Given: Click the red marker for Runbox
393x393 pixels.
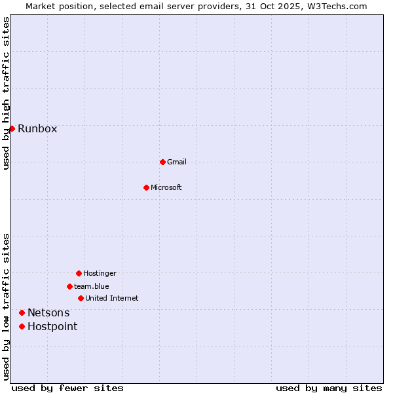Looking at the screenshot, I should click(x=12, y=128).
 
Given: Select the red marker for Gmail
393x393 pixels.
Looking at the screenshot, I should click(x=162, y=162).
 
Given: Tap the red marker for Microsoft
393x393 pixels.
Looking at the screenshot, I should click(x=146, y=187).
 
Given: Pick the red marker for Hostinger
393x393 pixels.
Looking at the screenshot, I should click(x=79, y=273).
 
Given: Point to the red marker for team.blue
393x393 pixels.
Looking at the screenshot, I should click(x=69, y=286).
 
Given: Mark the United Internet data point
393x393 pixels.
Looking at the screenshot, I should click(x=81, y=298).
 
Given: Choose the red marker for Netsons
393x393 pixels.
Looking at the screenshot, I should click(x=22, y=313).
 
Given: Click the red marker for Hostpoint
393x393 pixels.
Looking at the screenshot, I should click(x=22, y=326).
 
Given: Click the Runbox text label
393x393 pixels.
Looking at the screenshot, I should click(x=37, y=128).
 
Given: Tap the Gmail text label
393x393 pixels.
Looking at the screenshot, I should click(x=177, y=162).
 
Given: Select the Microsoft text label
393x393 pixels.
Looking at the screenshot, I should click(x=166, y=187).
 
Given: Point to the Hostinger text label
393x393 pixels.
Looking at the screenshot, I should click(x=100, y=273).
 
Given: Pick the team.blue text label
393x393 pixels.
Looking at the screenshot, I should click(x=92, y=286).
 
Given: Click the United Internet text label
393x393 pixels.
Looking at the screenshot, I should click(x=112, y=298).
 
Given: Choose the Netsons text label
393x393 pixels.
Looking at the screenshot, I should click(x=48, y=313).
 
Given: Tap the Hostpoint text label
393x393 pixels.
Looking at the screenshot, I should click(x=52, y=326).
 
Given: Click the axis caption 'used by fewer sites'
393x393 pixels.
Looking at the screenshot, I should click(x=67, y=388).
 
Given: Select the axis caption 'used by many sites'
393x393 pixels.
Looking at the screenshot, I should click(x=329, y=388).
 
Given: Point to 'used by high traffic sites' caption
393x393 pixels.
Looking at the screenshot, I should click(x=6, y=93).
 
